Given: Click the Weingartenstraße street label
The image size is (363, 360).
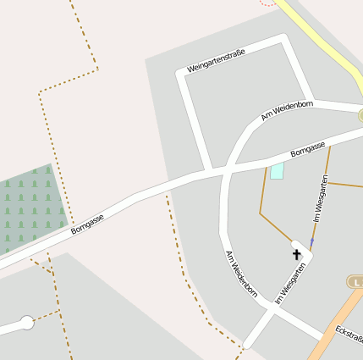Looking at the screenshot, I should [216, 60].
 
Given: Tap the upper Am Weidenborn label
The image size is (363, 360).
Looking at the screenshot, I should [287, 110].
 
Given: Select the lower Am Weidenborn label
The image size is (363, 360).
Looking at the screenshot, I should [240, 274].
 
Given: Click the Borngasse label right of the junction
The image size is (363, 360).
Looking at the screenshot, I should [307, 149].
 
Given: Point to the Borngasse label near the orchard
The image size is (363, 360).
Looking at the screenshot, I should [87, 223].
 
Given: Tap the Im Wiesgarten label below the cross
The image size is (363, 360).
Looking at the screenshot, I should [290, 284].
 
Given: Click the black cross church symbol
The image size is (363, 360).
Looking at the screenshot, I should [297, 253].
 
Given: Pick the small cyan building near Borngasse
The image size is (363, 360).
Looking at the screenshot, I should [277, 171].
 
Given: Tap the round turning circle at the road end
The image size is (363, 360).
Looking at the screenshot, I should [27, 323].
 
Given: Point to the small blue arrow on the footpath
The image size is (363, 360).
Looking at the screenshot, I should [311, 242].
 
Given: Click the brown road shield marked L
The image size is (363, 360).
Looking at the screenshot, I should [356, 281].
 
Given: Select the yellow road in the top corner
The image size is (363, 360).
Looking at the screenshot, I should [326, 42].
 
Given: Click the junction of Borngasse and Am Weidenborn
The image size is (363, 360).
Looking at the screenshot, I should [225, 170].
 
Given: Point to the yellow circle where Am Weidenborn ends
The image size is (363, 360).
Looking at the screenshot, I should [361, 115].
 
